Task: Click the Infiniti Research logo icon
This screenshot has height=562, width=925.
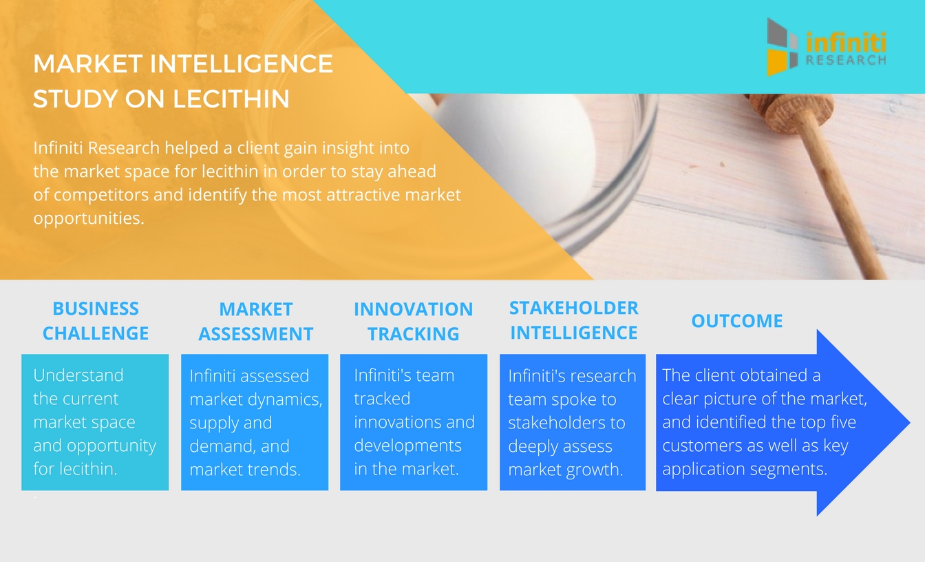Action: click(782, 47)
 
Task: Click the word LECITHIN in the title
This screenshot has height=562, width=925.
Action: click(231, 99)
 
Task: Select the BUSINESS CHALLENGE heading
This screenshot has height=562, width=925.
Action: click(96, 321)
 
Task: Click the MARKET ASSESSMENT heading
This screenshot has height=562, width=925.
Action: click(255, 322)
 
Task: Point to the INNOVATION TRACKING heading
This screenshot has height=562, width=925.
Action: click(414, 322)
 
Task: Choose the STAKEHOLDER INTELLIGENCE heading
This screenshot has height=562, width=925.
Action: click(573, 320)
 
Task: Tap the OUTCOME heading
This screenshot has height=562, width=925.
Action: click(737, 321)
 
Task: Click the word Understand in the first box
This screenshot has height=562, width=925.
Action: click(78, 375)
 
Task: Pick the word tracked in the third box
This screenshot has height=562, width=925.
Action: click(382, 399)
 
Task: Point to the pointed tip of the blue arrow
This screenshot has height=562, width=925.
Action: click(909, 422)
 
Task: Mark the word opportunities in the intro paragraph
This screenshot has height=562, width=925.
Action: click(89, 218)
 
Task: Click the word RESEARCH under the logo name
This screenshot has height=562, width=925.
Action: click(846, 61)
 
